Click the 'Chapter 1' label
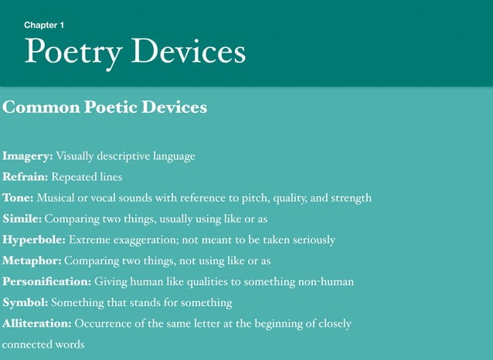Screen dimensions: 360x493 (x=44, y=25)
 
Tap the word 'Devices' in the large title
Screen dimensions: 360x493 (x=189, y=52)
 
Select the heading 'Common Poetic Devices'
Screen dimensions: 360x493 (x=105, y=107)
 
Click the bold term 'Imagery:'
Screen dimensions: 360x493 (x=28, y=156)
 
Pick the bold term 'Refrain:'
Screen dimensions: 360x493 (x=25, y=177)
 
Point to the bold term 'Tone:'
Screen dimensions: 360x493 (x=19, y=198)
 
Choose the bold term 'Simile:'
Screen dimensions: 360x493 (x=22, y=219)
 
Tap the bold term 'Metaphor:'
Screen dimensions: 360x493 (x=32, y=261)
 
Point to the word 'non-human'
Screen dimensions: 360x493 (x=325, y=282)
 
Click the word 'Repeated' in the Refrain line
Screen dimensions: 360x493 (x=73, y=177)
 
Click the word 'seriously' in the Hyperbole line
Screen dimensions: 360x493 (x=311, y=240)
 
